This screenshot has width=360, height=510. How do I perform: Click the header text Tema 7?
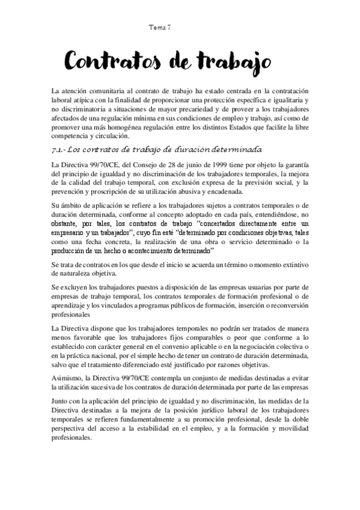click(160, 28)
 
